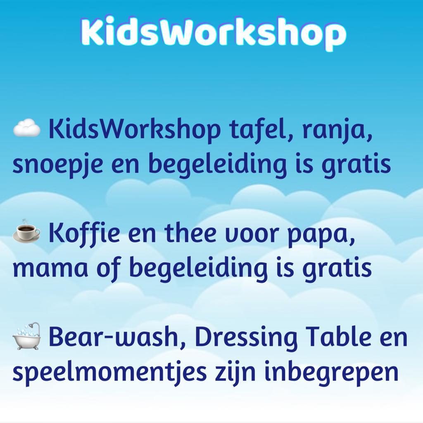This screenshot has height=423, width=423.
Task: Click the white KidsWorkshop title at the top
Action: pos(213,32)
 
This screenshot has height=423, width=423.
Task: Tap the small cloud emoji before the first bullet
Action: pos(27,128)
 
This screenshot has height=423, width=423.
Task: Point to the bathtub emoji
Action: pos(27,336)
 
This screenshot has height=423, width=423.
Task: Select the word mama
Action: pos(50,269)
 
